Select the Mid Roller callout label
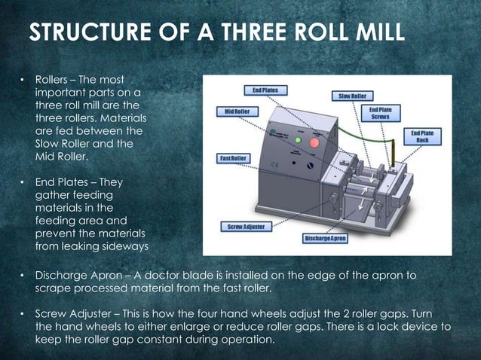[232, 111]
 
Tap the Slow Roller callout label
[352, 96]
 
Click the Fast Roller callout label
[233, 158]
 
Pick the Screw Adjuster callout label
[245, 226]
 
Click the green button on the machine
[299, 141]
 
